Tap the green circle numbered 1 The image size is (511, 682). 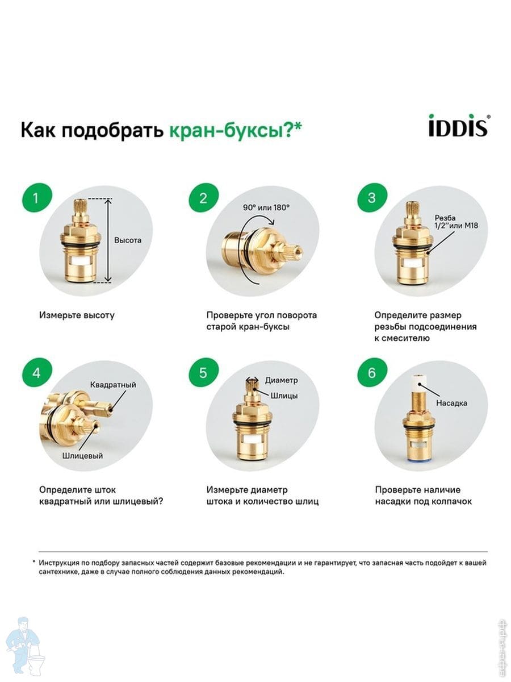37,198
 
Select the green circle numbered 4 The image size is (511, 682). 37,372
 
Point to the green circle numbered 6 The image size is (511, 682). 372,372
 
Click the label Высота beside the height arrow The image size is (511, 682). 128,240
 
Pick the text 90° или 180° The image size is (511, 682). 266,207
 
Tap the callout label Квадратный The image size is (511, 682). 113,385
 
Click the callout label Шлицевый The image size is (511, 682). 82,456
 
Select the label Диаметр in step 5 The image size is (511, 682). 281,380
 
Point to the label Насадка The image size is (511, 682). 451,403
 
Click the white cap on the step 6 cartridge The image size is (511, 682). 420,383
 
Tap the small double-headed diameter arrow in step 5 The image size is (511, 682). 252,380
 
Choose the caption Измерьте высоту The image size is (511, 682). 77,315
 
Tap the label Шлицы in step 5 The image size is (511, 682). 284,396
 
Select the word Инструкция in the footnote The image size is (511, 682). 58,563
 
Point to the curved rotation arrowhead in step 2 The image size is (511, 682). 272,222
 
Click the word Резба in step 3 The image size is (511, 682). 445,218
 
